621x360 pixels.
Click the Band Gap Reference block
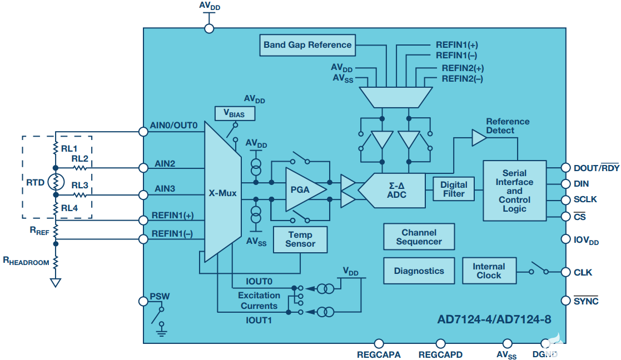(x=307, y=45)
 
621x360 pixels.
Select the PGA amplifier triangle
(x=304, y=189)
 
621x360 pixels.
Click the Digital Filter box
(x=454, y=189)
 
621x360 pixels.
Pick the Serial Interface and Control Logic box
(x=514, y=191)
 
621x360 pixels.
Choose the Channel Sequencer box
(x=419, y=237)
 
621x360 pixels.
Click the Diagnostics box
(x=419, y=271)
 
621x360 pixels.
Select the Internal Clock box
(x=489, y=271)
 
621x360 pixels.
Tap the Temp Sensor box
(x=300, y=239)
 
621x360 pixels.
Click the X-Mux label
(x=223, y=194)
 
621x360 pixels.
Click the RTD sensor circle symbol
(x=56, y=182)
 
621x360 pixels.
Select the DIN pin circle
(x=565, y=183)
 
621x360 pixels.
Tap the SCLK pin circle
(x=565, y=199)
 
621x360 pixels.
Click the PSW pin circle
(x=143, y=301)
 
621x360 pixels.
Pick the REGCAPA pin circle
(x=379, y=344)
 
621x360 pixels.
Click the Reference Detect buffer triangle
(x=479, y=138)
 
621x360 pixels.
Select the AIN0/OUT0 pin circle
(x=143, y=132)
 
